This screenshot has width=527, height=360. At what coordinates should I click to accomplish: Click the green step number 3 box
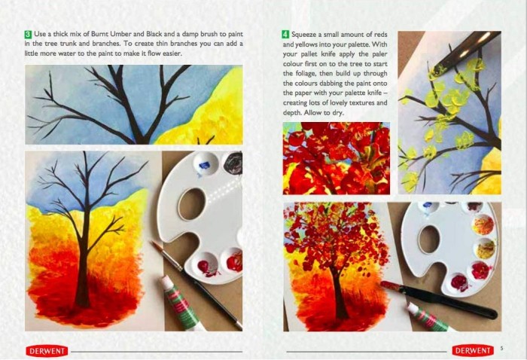29,35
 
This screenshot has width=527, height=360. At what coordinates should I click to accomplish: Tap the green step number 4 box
285,35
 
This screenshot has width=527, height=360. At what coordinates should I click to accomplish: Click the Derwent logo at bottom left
47,351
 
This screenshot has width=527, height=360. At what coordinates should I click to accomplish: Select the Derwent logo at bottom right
473,351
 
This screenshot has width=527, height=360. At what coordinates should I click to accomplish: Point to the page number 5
502,348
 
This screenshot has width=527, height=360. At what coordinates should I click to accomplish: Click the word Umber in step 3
120,34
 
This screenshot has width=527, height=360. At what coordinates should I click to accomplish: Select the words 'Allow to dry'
324,113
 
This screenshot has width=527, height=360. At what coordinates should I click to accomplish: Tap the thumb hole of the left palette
191,204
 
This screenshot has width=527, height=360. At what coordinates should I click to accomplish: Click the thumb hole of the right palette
429,239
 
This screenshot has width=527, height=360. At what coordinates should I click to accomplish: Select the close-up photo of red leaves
337,158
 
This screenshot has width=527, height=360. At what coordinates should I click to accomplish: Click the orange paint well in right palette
483,225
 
